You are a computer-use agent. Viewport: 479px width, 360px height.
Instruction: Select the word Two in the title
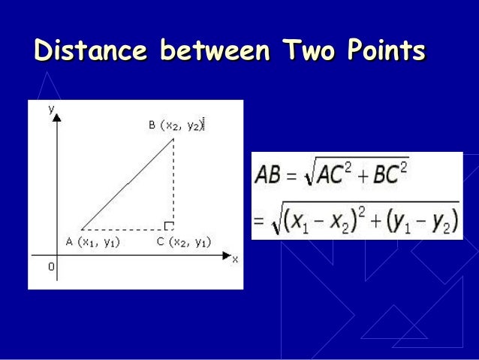[308, 52]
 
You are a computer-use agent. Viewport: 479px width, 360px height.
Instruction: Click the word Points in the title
[385, 52]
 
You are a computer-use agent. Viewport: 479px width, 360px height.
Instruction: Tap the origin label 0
[51, 265]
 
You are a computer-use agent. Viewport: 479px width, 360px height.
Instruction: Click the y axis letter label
[52, 108]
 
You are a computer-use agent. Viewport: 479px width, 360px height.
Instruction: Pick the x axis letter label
[234, 259]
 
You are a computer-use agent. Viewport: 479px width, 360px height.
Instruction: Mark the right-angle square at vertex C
[170, 225]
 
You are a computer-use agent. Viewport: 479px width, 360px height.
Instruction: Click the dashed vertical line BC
[174, 180]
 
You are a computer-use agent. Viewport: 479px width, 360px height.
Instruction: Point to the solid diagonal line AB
[128, 183]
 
